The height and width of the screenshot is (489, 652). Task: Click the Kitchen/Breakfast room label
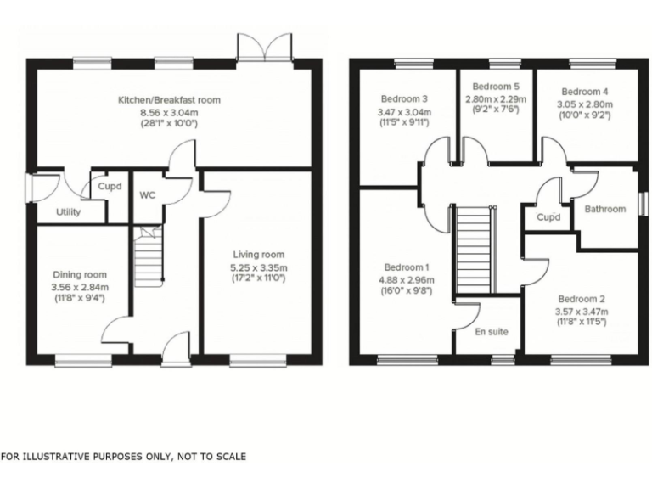(169, 100)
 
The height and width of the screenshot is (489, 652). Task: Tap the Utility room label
(69, 212)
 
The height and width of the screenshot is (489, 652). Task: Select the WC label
(148, 195)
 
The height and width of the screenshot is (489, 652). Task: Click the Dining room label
(80, 274)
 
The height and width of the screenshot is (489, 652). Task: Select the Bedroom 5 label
(496, 87)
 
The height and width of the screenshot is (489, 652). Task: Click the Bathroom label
(604, 209)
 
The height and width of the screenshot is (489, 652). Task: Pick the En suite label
(492, 332)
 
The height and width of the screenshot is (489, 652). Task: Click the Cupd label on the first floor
(550, 218)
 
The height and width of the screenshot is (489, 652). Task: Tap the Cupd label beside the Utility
(109, 186)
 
